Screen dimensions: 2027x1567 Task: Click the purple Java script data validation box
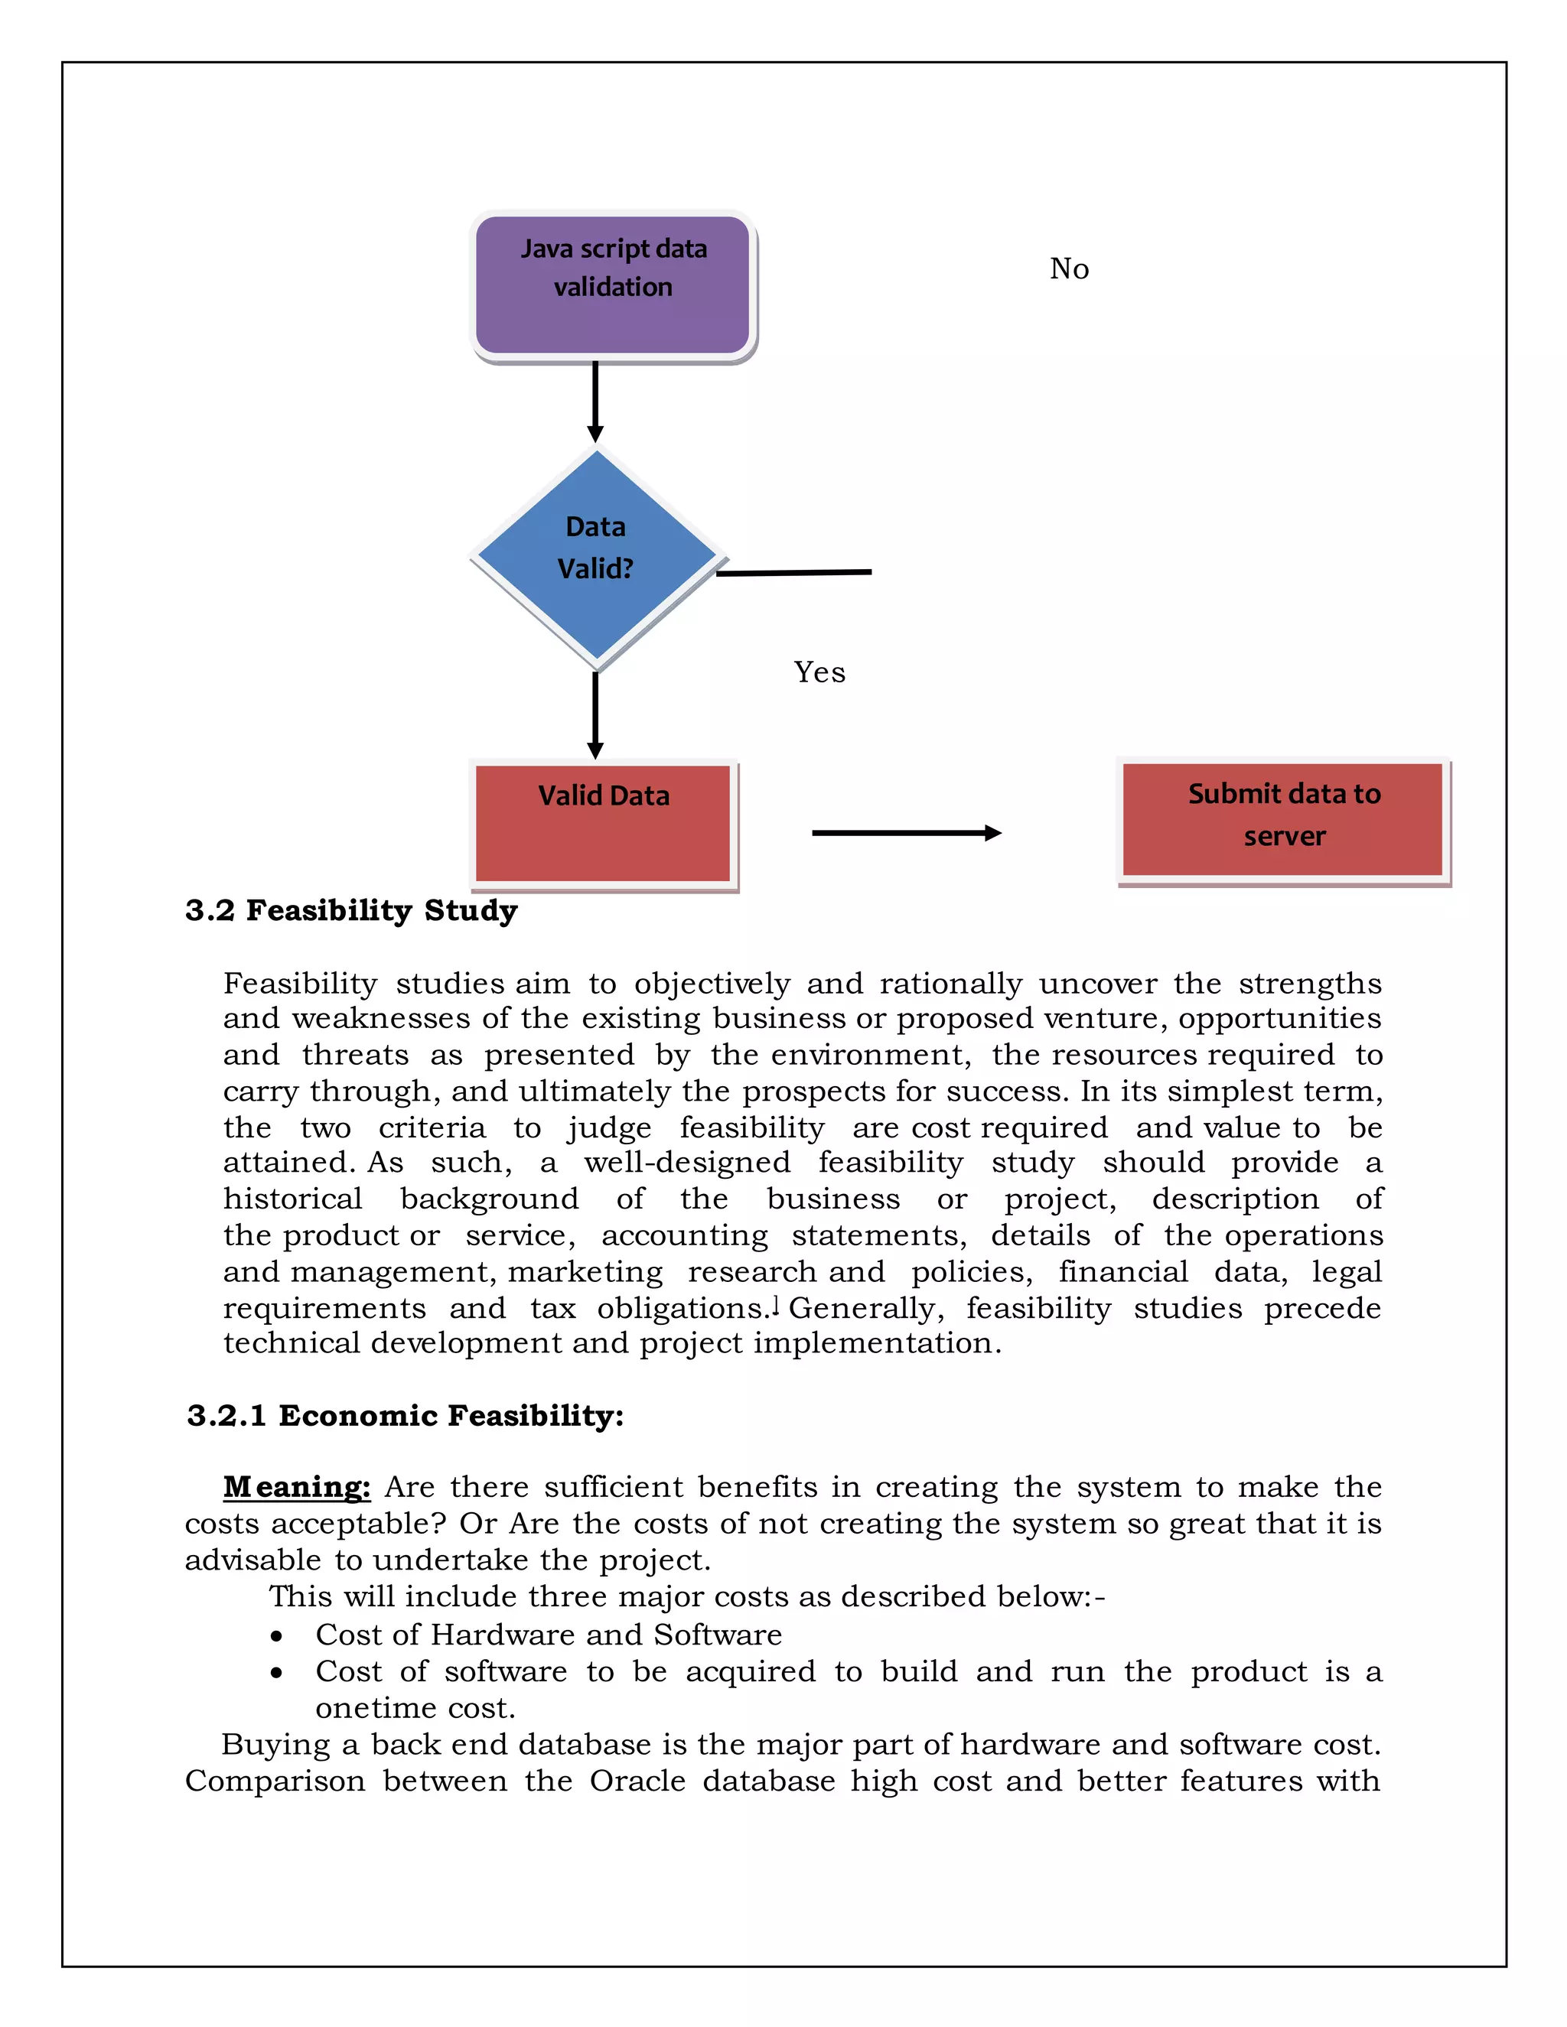tap(613, 285)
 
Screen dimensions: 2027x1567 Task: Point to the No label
tap(1070, 269)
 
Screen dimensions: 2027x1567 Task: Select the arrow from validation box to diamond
tap(595, 401)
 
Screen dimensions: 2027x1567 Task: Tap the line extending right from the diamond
tap(795, 573)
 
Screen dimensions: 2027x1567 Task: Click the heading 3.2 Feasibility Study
tap(351, 910)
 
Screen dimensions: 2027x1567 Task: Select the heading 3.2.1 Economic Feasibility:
tap(405, 1415)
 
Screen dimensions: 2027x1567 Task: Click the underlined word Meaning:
tap(297, 1487)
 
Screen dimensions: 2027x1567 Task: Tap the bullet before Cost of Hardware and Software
tap(277, 1636)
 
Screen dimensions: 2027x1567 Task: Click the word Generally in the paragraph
tap(865, 1308)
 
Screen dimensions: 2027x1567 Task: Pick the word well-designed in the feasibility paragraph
tap(687, 1162)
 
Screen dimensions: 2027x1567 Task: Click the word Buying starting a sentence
tap(275, 1745)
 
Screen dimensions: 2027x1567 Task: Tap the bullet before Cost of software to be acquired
tap(277, 1672)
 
